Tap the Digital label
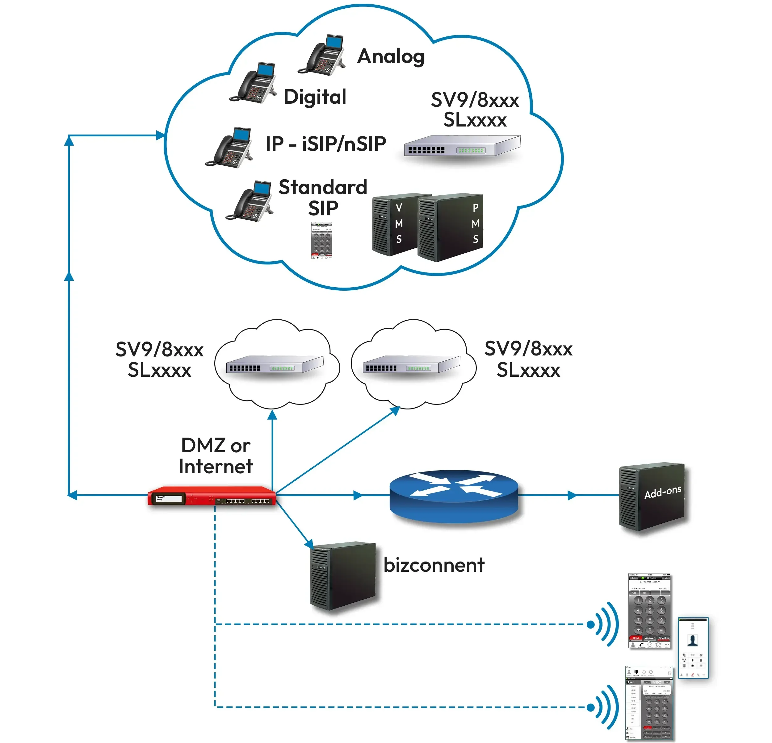(315, 97)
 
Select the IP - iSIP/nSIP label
(326, 144)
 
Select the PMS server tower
(451, 227)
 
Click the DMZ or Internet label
(216, 456)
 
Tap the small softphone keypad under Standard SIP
(322, 240)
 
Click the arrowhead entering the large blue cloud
(160, 136)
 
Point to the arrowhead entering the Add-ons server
(572, 496)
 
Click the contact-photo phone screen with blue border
(693, 648)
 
